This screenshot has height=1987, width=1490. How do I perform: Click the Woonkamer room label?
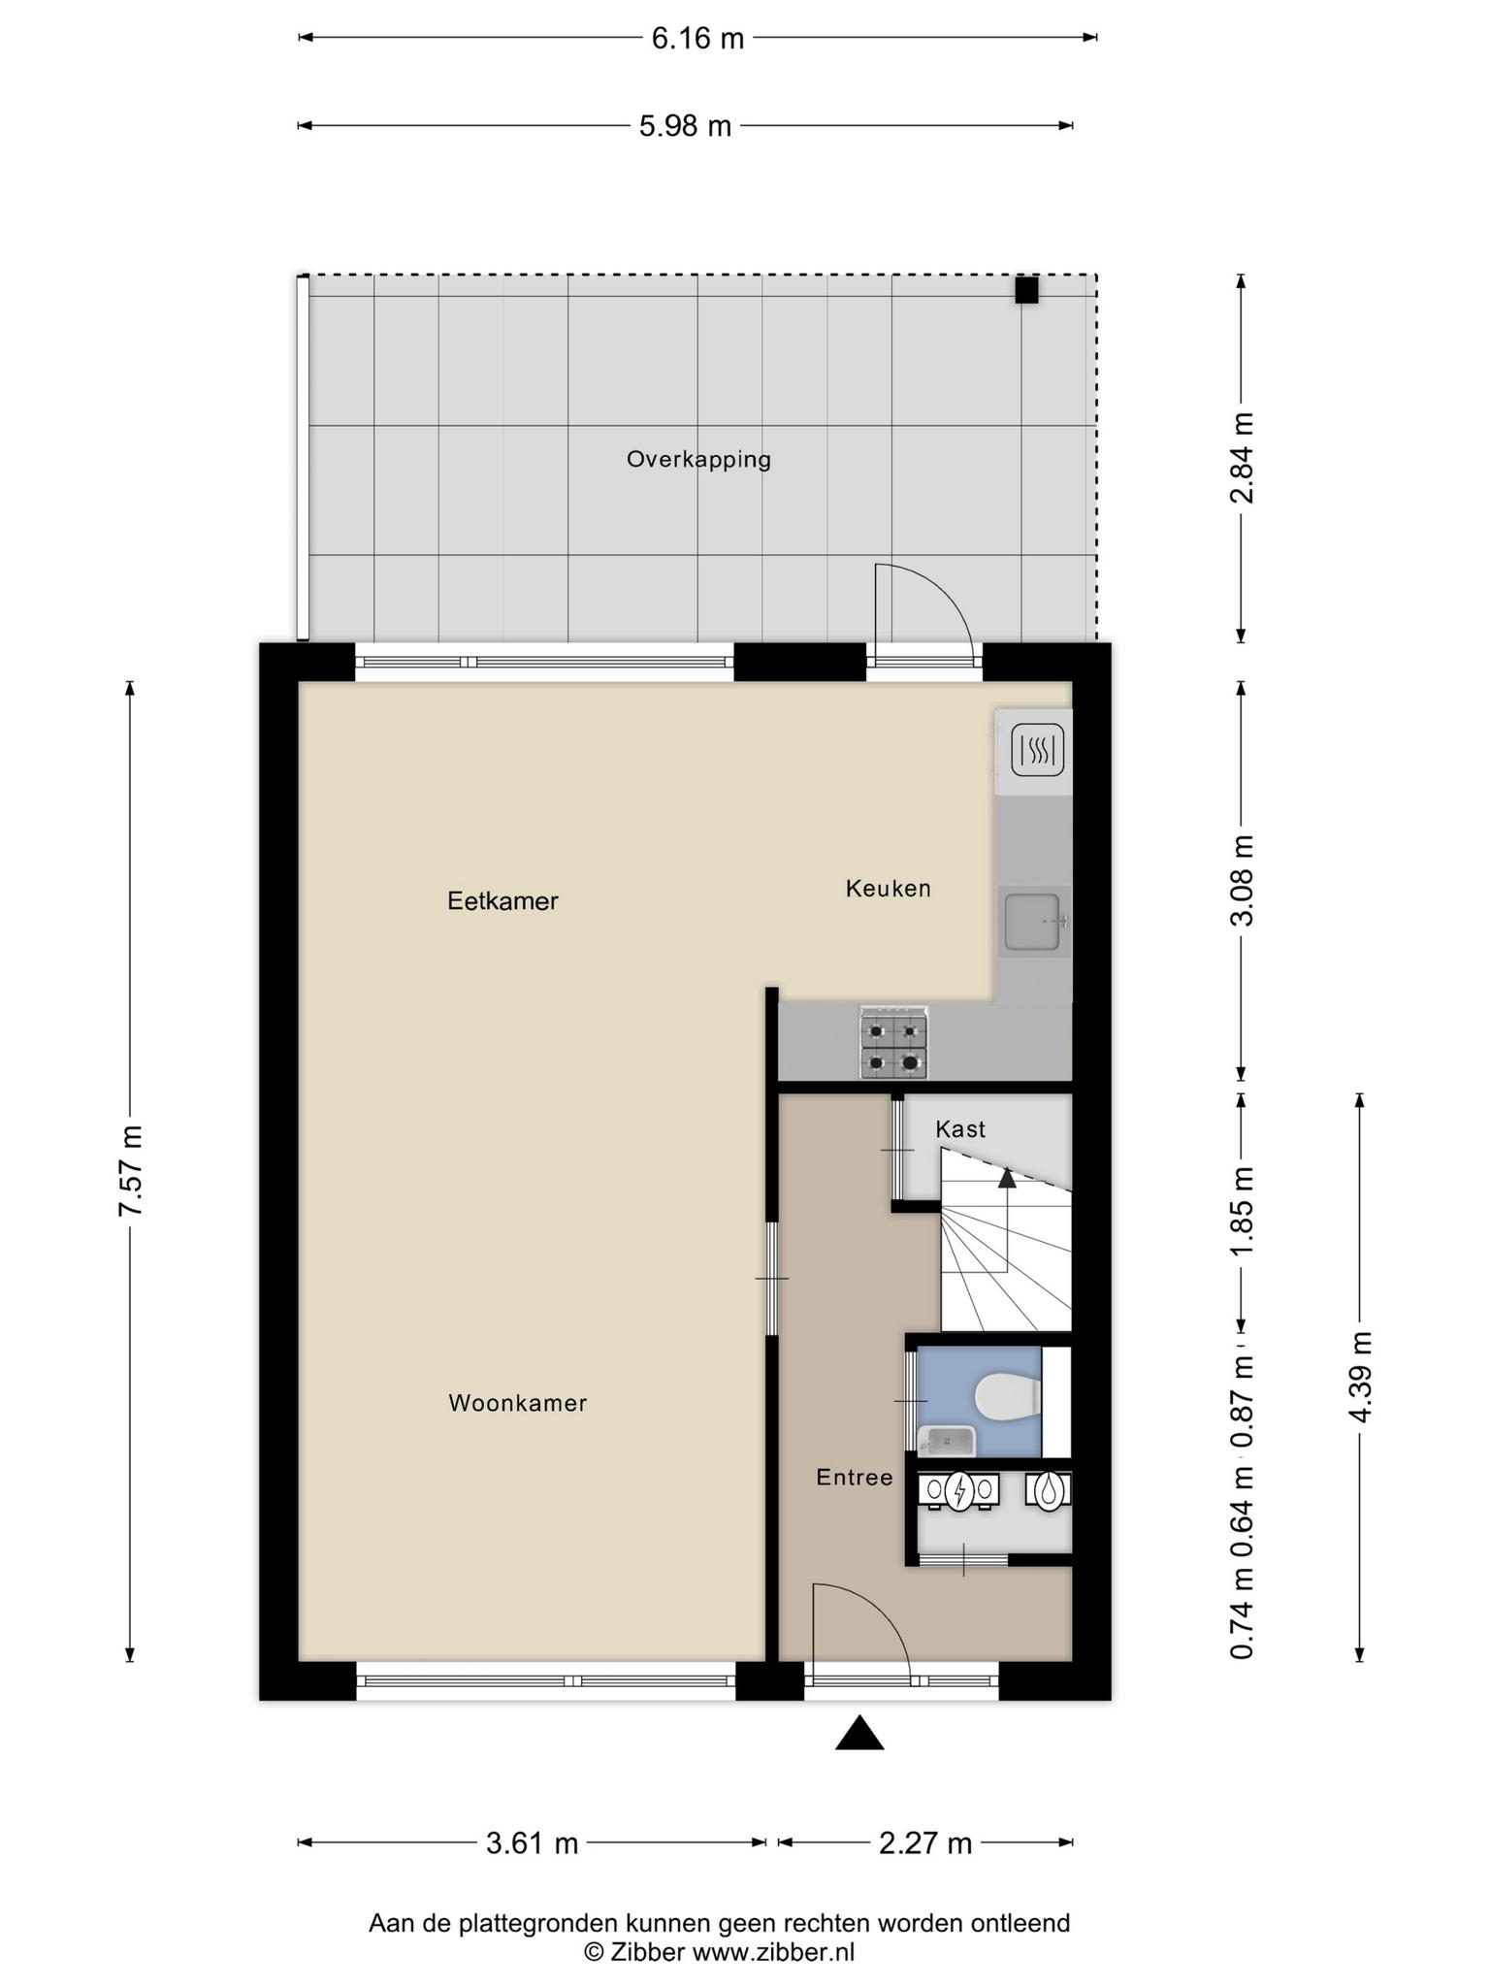click(x=518, y=1403)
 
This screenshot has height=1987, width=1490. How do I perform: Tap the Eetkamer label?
click(x=502, y=901)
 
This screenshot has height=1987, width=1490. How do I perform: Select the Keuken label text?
click(x=888, y=888)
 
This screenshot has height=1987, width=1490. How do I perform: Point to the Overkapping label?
click(x=698, y=460)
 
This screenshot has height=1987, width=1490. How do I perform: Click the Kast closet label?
click(x=960, y=1129)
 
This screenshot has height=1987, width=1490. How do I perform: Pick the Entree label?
click(x=854, y=1478)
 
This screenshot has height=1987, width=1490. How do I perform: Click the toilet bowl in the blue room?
click(x=1007, y=1398)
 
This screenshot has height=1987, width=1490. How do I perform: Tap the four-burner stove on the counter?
click(x=893, y=1043)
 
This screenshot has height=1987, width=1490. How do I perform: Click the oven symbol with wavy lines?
click(x=1038, y=750)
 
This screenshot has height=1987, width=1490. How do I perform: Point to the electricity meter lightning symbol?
click(x=959, y=1491)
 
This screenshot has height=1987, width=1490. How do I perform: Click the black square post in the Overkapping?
click(x=1026, y=290)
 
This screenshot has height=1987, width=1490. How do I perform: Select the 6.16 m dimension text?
click(x=697, y=39)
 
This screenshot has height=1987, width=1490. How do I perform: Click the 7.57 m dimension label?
click(x=130, y=1171)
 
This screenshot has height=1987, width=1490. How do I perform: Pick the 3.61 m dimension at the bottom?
click(x=532, y=1842)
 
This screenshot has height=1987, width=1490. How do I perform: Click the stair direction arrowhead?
click(x=1007, y=1178)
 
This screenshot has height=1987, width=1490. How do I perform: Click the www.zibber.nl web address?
click(x=773, y=1952)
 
